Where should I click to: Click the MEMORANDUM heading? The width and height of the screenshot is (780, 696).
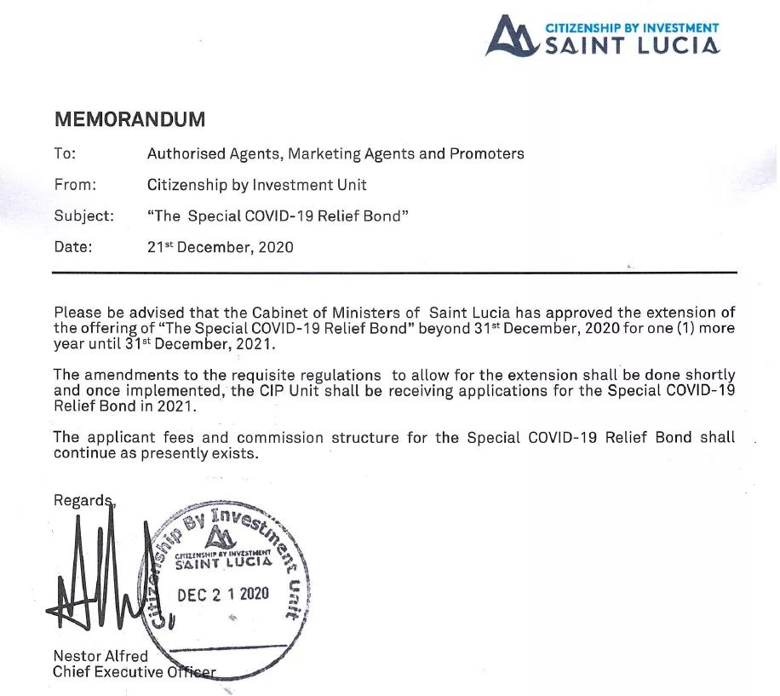[x=129, y=119]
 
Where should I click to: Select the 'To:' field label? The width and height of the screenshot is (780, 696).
[x=65, y=154]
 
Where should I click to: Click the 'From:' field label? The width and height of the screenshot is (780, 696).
[x=75, y=185]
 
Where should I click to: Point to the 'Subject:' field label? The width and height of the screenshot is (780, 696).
[x=83, y=216]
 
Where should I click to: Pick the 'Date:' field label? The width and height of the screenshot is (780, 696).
[x=73, y=248]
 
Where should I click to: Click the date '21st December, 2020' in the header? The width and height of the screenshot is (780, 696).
[x=220, y=248]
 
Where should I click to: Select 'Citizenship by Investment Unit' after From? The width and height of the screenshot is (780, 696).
[x=256, y=185]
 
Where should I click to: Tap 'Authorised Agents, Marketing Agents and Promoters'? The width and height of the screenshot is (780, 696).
[x=336, y=154]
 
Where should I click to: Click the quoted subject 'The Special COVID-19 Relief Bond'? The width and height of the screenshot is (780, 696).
[x=278, y=216]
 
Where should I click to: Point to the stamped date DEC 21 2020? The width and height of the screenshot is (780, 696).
[x=223, y=595]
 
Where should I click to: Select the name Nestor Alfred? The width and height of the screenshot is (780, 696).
[x=100, y=657]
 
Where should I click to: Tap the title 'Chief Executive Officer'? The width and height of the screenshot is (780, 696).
[x=135, y=672]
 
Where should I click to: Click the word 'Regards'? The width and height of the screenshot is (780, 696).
[x=83, y=500]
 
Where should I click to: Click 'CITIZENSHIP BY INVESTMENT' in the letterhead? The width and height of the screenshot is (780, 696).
[x=632, y=28]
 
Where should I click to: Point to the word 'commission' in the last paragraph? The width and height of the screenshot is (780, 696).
[x=280, y=438]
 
